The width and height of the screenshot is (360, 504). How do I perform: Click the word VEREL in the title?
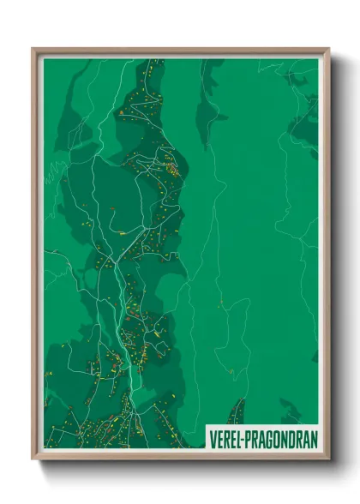tap(225, 440)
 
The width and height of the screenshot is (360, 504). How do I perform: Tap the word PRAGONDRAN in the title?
tap(281, 440)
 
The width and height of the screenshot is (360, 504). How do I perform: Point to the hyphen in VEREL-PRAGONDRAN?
tap(243, 440)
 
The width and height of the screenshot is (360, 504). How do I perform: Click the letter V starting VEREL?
tap(212, 440)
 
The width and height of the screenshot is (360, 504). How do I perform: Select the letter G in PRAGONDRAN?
tap(269, 440)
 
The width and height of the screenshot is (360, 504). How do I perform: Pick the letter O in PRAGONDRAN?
tap(278, 440)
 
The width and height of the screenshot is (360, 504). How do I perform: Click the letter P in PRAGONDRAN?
tap(249, 440)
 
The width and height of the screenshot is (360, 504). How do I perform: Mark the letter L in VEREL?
tap(238, 440)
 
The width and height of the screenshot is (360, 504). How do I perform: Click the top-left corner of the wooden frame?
tap(33, 49)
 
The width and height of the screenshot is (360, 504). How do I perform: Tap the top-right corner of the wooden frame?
tap(328, 49)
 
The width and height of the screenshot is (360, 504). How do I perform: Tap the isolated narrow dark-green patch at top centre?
tap(208, 103)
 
